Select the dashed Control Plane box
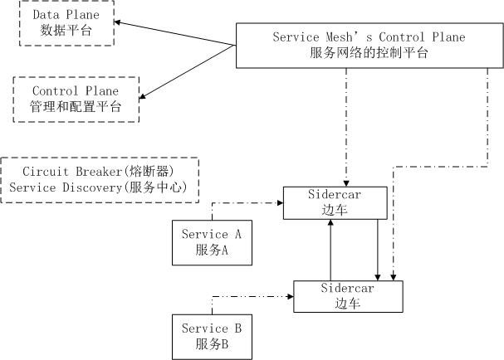[76, 99]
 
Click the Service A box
[212, 242]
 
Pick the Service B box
[212, 336]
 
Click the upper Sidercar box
[335, 203]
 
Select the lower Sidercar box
[348, 296]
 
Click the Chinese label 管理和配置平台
[76, 106]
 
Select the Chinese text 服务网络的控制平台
[369, 54]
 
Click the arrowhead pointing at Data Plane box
[121, 23]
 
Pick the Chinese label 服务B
[212, 343]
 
